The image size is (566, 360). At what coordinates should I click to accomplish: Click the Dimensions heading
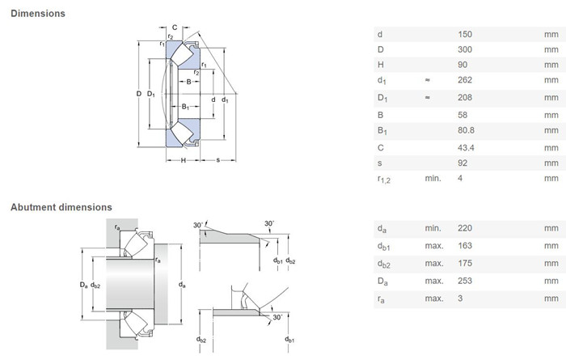tap(38, 14)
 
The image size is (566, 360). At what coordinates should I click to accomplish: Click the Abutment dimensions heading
tap(61, 207)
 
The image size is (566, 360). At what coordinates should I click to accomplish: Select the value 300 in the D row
tap(465, 49)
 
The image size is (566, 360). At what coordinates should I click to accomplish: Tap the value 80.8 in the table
tap(466, 130)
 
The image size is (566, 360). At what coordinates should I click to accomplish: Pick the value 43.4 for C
tap(466, 148)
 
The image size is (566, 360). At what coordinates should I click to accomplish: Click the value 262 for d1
tap(465, 80)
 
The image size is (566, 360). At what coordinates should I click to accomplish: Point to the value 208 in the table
tap(465, 98)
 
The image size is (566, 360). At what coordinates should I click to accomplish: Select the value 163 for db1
tap(465, 246)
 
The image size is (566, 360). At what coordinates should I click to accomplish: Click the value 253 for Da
tap(465, 281)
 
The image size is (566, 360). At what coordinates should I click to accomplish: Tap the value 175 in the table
tap(465, 263)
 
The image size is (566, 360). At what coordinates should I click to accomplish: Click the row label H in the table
tap(381, 65)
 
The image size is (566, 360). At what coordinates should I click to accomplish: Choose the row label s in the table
tap(380, 163)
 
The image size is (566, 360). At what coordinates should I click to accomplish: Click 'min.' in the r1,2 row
tap(433, 178)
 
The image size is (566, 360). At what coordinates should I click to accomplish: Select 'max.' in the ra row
tap(434, 299)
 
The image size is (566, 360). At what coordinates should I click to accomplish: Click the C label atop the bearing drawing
tap(175, 28)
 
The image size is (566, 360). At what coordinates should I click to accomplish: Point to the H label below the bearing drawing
tap(184, 160)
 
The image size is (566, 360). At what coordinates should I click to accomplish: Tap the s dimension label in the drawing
tap(218, 160)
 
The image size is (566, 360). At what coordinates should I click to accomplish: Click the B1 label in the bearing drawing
tap(185, 107)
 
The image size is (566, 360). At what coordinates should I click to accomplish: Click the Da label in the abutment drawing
tap(84, 286)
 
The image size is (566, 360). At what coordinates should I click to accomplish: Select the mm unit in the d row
tap(551, 34)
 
